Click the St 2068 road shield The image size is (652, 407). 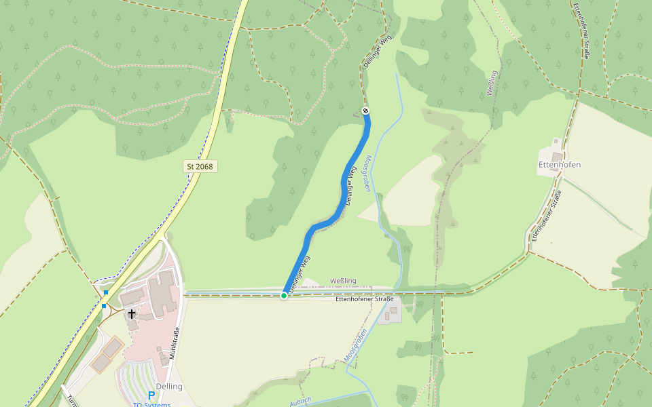coord(199,166)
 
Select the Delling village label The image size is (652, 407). coord(169,387)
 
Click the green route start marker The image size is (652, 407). coord(284,295)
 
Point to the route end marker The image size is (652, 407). coord(365,111)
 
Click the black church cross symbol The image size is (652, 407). coord(132,314)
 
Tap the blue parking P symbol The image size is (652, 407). coord(151,395)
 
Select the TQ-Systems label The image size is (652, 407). coord(151,405)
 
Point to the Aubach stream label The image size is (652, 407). coord(300,400)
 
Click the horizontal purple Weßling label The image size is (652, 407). coord(343,281)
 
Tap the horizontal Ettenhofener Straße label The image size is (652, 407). coord(365,299)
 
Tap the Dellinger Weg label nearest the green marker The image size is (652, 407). coord(298,275)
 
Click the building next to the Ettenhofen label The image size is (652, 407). coord(556,157)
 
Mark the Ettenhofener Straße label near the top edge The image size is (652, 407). coord(581,31)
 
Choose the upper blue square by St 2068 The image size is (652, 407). coord(106,292)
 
